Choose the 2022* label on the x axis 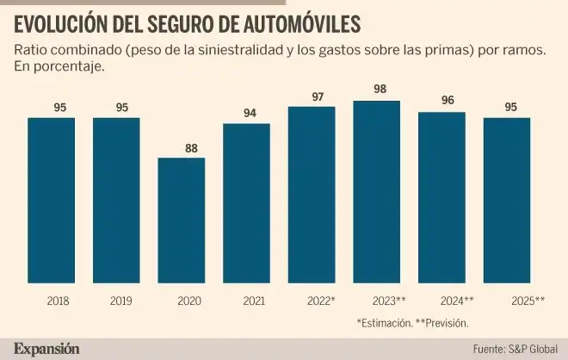[320, 301]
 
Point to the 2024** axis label [456, 301]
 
